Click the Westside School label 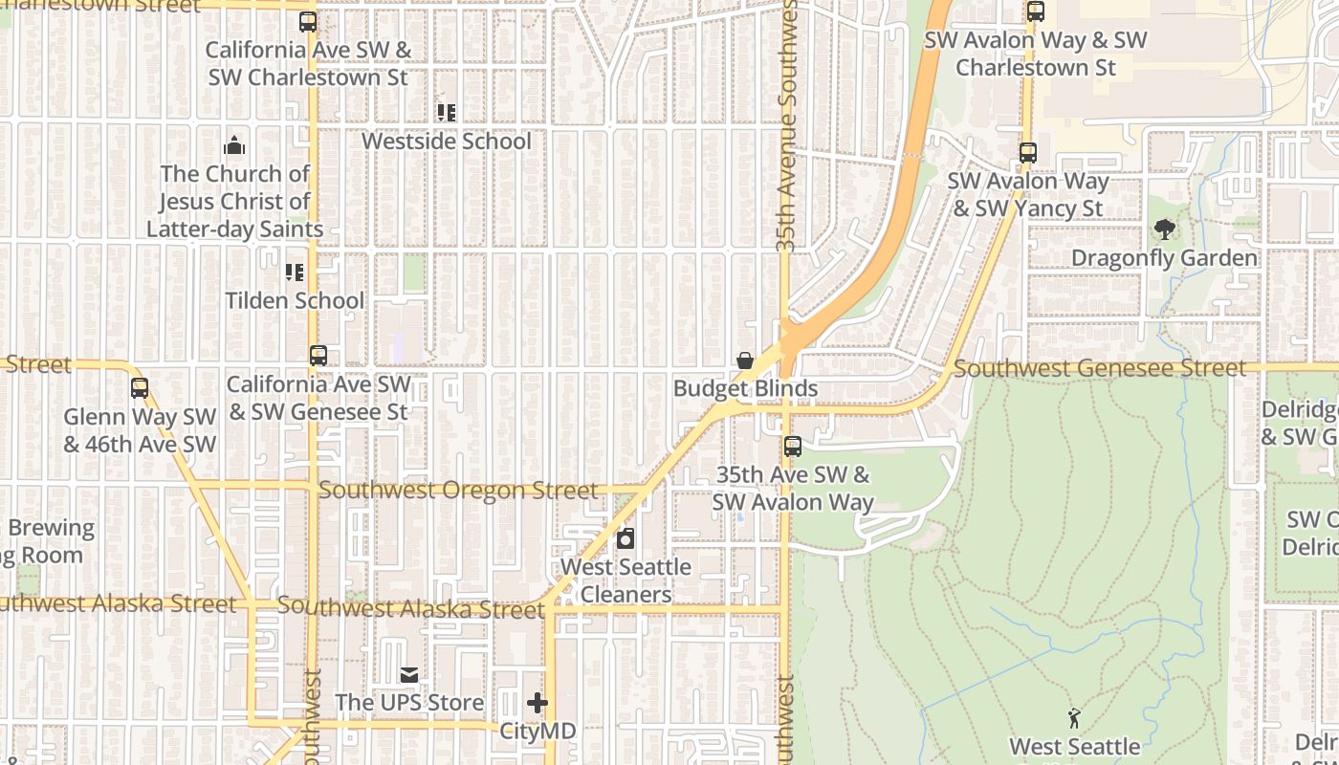(x=446, y=142)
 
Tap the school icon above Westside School (x=446, y=113)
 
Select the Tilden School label (x=295, y=300)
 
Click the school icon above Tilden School (x=295, y=273)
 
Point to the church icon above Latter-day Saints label (x=234, y=146)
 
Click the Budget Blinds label (x=745, y=388)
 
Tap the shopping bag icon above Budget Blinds (x=745, y=361)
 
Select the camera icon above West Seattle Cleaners (x=626, y=539)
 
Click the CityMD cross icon (x=538, y=704)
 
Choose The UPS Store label (x=409, y=703)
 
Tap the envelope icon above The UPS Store (x=409, y=676)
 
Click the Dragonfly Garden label (x=1164, y=258)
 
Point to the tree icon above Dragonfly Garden (x=1164, y=229)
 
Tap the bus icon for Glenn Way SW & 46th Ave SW (x=140, y=388)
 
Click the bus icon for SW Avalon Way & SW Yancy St (x=1028, y=153)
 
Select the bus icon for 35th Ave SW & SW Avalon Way (x=793, y=447)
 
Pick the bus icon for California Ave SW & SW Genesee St (x=318, y=356)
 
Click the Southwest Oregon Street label (x=458, y=491)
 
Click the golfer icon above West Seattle (x=1074, y=718)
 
